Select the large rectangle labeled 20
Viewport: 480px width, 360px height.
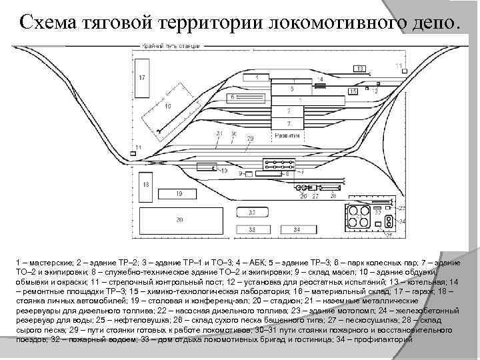pyautogui.click(x=178, y=219)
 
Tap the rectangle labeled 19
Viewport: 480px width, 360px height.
pyautogui.click(x=179, y=193)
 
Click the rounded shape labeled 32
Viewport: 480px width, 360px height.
pyautogui.click(x=252, y=212)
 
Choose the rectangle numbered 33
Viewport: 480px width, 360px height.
pyautogui.click(x=252, y=229)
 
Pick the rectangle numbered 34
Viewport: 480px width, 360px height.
pyautogui.click(x=297, y=229)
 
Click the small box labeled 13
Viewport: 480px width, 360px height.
pyautogui.click(x=359, y=69)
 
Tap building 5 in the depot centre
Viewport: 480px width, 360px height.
pyautogui.click(x=291, y=88)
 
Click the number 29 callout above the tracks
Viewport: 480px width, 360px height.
pyautogui.click(x=250, y=138)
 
